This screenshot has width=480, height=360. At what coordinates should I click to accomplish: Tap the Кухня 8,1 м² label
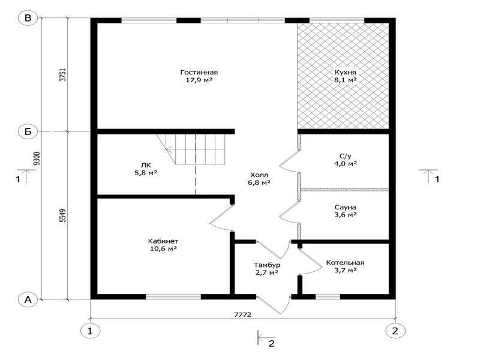click(x=346, y=76)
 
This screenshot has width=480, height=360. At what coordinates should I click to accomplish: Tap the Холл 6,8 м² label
click(x=259, y=179)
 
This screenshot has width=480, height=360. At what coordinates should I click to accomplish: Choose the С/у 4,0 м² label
click(x=346, y=160)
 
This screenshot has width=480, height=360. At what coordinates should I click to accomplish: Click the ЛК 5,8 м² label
click(x=146, y=169)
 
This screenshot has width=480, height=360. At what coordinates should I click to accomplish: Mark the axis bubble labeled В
click(x=28, y=18)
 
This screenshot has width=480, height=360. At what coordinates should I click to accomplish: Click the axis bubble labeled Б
click(x=28, y=131)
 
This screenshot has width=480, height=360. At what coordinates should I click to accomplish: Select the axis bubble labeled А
click(x=28, y=299)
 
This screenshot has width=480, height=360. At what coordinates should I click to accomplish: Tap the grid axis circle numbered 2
click(x=395, y=331)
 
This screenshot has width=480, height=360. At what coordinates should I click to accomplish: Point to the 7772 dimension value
click(x=243, y=314)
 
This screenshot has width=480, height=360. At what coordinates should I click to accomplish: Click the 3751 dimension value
click(x=62, y=74)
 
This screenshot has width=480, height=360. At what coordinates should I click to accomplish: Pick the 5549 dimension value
click(x=62, y=215)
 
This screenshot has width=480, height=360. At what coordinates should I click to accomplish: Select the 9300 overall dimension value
click(x=37, y=158)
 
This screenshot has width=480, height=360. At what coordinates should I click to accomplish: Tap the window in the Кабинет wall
click(x=173, y=296)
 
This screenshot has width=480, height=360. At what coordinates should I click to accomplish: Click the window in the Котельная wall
click(x=328, y=296)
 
